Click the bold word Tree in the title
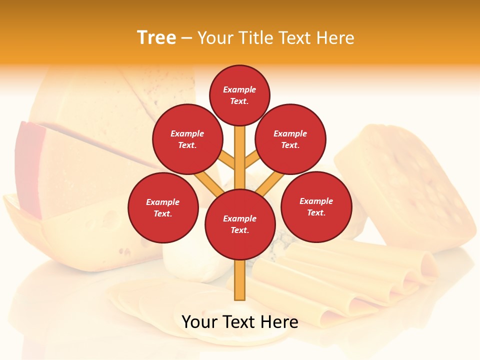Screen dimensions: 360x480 156,37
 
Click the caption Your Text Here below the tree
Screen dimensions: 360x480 240,322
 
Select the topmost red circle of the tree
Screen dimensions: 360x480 239,95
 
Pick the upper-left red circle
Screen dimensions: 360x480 187,139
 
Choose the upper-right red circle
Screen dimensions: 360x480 290,139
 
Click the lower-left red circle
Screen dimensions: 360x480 163,207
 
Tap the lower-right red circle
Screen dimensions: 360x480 316,206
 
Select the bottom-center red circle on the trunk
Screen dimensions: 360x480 240,224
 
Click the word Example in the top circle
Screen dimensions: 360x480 239,90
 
